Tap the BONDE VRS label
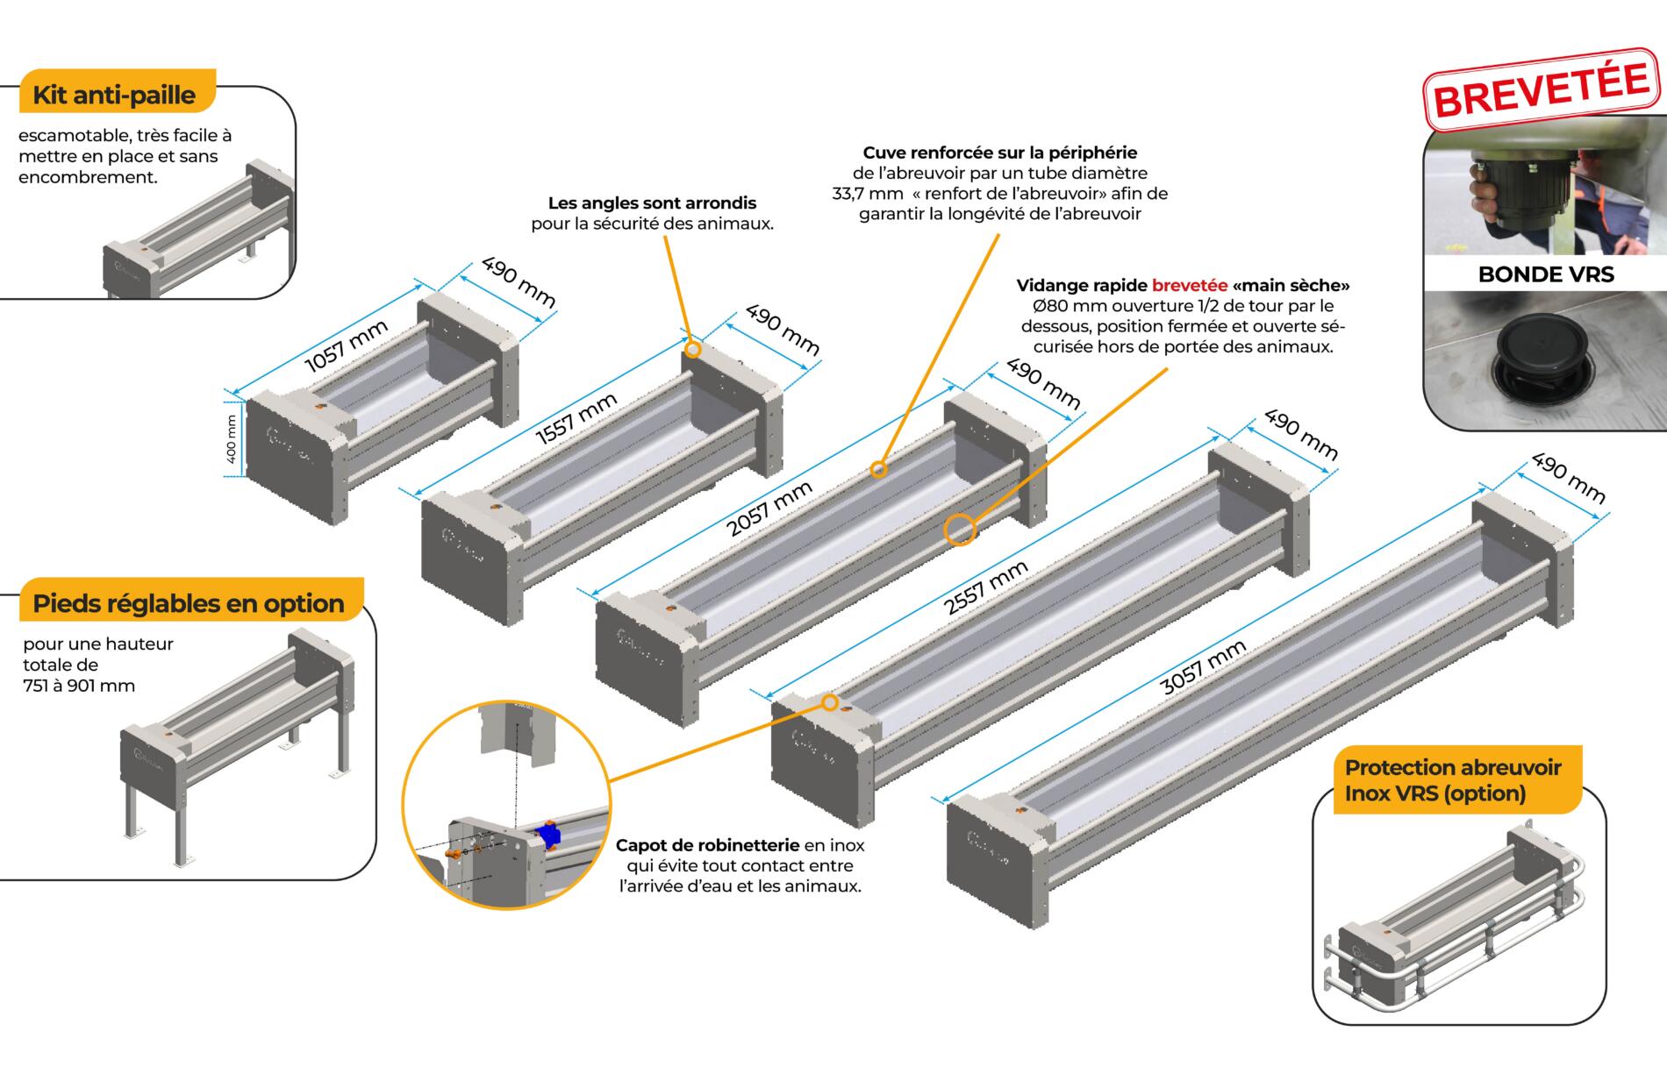tap(1545, 274)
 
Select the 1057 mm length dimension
tap(346, 346)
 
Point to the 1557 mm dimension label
tap(576, 419)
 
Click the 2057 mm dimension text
tap(769, 509)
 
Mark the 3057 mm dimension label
tap(1203, 668)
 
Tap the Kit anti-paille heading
tap(113, 95)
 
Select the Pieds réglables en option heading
tap(188, 603)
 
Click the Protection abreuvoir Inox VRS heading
tap(1452, 780)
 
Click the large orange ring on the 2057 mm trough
tap(960, 530)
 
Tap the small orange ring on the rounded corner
tap(692, 350)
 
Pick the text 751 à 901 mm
tap(79, 686)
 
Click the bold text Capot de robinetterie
tap(707, 845)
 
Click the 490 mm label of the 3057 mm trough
tap(1569, 478)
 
